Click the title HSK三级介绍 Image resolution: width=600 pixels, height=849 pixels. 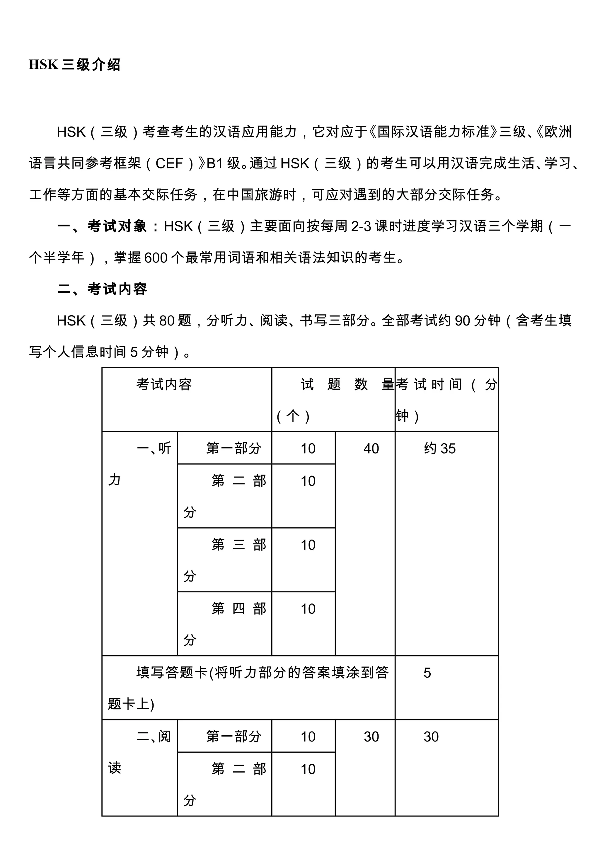(x=75, y=65)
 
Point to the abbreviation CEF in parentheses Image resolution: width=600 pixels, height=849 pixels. (x=169, y=163)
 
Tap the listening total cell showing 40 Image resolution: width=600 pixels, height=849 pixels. (x=371, y=449)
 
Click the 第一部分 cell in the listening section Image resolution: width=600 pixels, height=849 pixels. (x=233, y=448)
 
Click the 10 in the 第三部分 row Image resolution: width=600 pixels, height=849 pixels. (x=308, y=545)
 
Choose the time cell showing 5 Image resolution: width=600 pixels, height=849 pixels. (x=427, y=673)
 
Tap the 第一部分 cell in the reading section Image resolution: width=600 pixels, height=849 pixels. (x=233, y=737)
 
